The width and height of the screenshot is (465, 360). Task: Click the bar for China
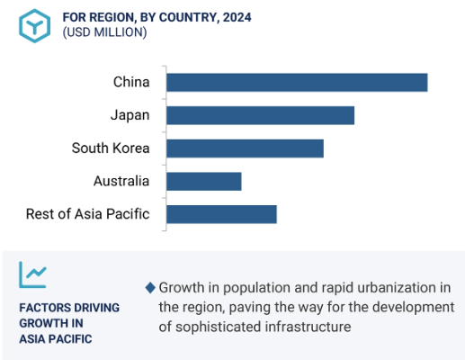(297, 82)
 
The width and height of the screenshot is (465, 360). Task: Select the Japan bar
(260, 115)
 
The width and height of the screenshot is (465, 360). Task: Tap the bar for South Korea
(245, 148)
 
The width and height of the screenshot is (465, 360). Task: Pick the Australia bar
(204, 181)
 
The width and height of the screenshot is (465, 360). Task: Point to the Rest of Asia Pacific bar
(221, 214)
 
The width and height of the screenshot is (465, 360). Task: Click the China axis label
(131, 82)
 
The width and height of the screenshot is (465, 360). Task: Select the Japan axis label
(130, 115)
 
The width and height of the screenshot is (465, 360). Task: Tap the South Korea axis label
(111, 148)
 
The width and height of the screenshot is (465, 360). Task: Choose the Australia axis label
(121, 181)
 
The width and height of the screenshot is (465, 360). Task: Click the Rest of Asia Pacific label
(88, 214)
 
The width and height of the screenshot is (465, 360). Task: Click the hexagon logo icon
(34, 26)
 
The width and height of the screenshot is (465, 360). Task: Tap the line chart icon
(33, 274)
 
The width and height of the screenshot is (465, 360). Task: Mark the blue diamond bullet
(150, 288)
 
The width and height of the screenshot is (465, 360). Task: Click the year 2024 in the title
(237, 17)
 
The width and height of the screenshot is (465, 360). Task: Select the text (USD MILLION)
(104, 32)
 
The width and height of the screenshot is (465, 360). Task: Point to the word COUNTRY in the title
(188, 17)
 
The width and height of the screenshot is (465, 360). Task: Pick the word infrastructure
(308, 327)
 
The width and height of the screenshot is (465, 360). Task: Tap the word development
(414, 308)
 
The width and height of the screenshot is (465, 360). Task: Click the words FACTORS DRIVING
(69, 308)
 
